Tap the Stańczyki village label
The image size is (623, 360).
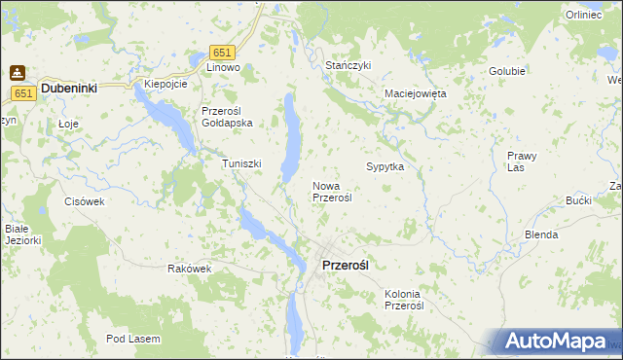(348, 64)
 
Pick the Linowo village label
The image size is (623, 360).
(223, 68)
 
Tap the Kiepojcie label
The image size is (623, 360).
(165, 84)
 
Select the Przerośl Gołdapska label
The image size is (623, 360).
(227, 117)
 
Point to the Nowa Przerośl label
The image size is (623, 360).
(331, 191)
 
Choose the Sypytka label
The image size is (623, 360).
(385, 166)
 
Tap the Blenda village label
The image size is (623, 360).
(541, 234)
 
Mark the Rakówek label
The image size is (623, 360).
(189, 269)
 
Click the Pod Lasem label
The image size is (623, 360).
(134, 339)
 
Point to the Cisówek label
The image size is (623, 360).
(84, 201)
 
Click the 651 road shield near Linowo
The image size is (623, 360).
(223, 52)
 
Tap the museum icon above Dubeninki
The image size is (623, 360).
(17, 71)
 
